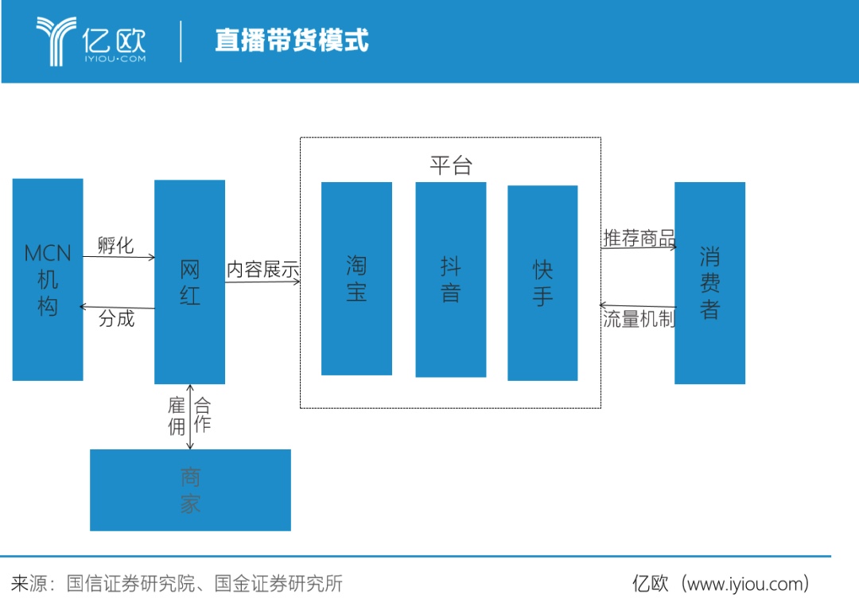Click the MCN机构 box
(48, 279)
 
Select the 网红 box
(189, 282)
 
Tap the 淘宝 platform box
(356, 278)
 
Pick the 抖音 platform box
(451, 280)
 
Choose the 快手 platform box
(543, 283)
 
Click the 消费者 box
(710, 283)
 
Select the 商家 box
(191, 490)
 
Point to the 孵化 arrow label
(115, 245)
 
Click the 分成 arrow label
(117, 318)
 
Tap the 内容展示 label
(263, 270)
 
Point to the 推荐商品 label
(639, 239)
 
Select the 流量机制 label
(639, 319)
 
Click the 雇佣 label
(177, 416)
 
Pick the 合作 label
(202, 414)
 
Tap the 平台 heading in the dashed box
(451, 165)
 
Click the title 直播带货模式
(292, 41)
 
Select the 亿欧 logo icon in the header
(56, 41)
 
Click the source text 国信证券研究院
(131, 584)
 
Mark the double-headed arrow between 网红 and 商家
(190, 417)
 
